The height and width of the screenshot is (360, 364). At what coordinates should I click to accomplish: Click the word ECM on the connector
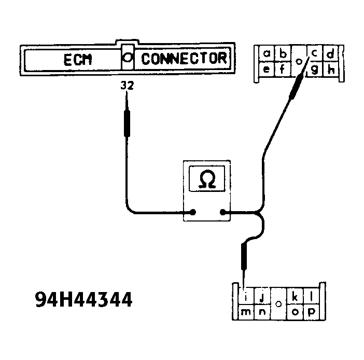(78, 59)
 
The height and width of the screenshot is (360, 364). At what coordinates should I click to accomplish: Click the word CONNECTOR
(184, 58)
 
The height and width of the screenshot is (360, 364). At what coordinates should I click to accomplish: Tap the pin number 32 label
(127, 86)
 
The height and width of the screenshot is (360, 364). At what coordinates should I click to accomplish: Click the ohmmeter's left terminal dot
(193, 212)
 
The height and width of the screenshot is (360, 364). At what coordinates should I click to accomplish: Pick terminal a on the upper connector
(267, 53)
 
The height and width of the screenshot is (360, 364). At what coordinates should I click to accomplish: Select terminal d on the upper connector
(330, 53)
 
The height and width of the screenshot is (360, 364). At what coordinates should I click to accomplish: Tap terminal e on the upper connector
(267, 69)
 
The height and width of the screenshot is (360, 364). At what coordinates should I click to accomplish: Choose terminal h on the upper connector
(330, 69)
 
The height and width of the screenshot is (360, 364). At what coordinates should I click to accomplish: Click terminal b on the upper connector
(283, 53)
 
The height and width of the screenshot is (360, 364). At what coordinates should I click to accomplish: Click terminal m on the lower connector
(246, 312)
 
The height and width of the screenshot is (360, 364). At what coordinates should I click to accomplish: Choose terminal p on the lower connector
(311, 312)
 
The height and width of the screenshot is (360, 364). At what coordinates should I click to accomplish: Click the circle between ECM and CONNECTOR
(127, 58)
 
